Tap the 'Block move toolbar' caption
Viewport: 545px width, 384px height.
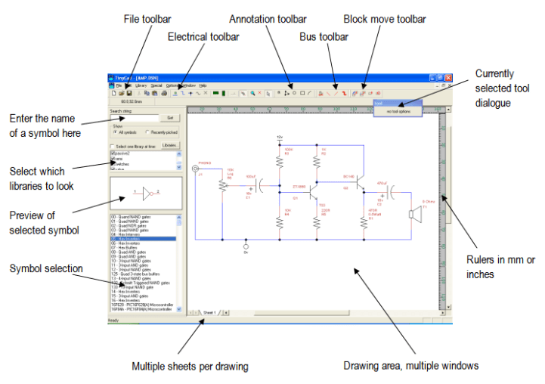[384, 18]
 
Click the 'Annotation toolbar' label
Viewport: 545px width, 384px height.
[267, 17]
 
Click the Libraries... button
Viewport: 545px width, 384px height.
[171, 145]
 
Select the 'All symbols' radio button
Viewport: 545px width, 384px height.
[115, 133]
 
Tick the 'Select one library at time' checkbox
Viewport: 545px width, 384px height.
[113, 145]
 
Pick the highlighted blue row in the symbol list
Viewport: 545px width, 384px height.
[142, 239]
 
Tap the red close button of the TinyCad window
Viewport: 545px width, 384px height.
[448, 78]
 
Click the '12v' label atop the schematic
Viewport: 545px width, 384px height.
[280, 137]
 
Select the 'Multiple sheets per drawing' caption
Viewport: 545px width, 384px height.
[190, 367]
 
